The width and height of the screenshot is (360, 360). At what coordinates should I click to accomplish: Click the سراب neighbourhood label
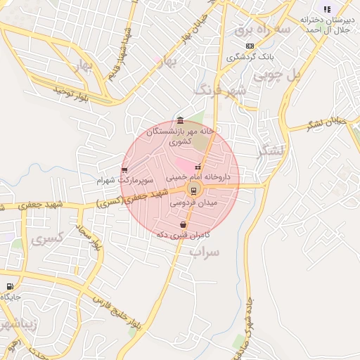(x=205, y=251)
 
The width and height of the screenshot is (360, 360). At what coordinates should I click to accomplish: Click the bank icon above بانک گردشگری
(x=250, y=45)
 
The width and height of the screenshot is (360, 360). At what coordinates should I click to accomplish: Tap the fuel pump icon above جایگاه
(x=9, y=286)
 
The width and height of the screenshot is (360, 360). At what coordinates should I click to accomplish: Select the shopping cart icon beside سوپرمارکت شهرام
(x=124, y=169)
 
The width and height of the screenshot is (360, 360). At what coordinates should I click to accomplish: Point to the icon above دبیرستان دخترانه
(x=326, y=9)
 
